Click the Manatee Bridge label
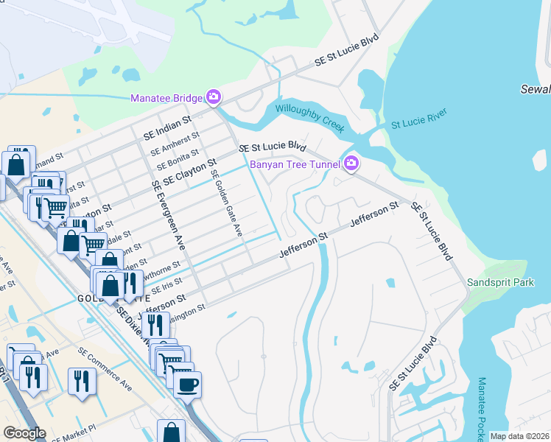click(x=166, y=97)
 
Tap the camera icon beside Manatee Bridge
click(x=213, y=97)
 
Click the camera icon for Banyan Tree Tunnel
click(x=351, y=164)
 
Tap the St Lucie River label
click(x=418, y=121)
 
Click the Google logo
click(x=24, y=433)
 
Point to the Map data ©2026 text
click(x=519, y=436)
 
